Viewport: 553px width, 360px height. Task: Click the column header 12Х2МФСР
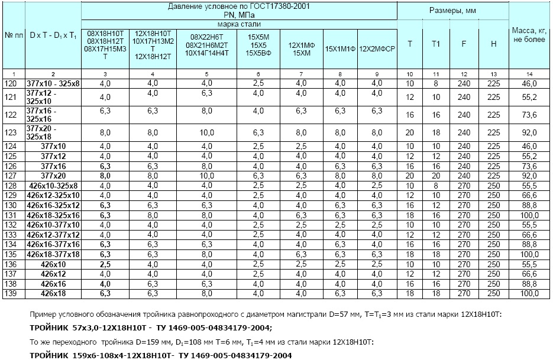tap(377, 46)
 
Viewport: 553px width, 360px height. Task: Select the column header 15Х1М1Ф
tap(340, 46)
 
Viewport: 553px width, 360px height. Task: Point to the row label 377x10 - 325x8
tap(53, 84)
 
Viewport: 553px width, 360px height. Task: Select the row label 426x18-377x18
tap(53, 255)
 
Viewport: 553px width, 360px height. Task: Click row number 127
tap(10, 176)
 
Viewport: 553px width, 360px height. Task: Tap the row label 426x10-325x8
tap(53, 186)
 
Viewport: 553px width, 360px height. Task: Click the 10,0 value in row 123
tap(206, 132)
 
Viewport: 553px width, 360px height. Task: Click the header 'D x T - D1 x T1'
tap(53, 35)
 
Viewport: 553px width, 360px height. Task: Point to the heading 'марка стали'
tap(238, 24)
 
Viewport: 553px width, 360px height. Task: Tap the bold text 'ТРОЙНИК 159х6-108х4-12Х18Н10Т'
tap(101, 355)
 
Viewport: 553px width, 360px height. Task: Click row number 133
tap(10, 235)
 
